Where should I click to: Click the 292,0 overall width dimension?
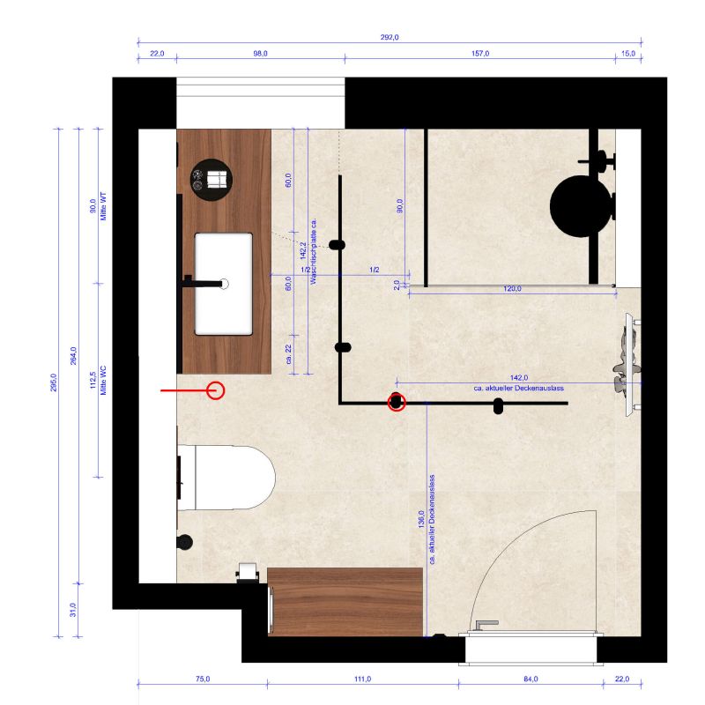390,37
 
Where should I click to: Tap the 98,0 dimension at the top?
260,54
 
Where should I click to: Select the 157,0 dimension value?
480,54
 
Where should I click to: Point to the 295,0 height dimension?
54,382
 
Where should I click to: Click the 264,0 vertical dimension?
73,356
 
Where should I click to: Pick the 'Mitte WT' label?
103,206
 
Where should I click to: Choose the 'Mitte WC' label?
103,381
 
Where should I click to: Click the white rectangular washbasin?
224,284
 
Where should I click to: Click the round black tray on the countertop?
211,180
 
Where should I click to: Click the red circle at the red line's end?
215,390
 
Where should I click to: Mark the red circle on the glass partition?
396,403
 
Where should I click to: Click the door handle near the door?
487,625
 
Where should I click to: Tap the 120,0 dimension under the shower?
512,289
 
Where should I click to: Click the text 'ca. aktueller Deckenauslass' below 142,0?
518,388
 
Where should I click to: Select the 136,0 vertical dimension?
421,519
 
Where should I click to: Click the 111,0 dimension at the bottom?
362,679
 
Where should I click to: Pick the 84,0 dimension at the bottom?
531,679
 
